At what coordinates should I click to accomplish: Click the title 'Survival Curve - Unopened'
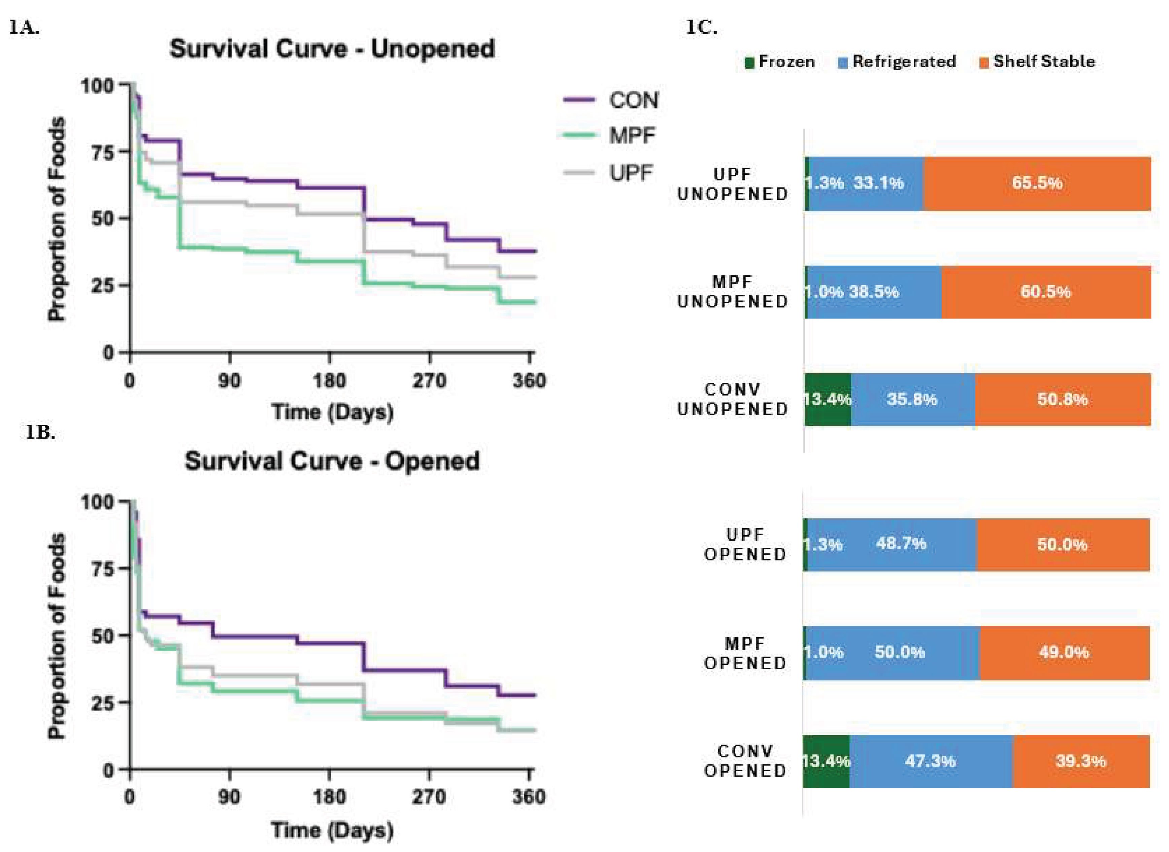332,49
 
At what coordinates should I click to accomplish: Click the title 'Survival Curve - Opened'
332,461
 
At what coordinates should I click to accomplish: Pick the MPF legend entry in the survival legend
609,136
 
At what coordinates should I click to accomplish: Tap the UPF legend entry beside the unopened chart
609,173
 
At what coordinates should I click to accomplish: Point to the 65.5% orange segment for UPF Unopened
1037,183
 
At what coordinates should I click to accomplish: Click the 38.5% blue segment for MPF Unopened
874,292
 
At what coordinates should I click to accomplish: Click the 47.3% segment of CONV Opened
930,761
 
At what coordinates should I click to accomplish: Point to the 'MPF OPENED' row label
745,653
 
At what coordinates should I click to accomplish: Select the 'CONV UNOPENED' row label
733,400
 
